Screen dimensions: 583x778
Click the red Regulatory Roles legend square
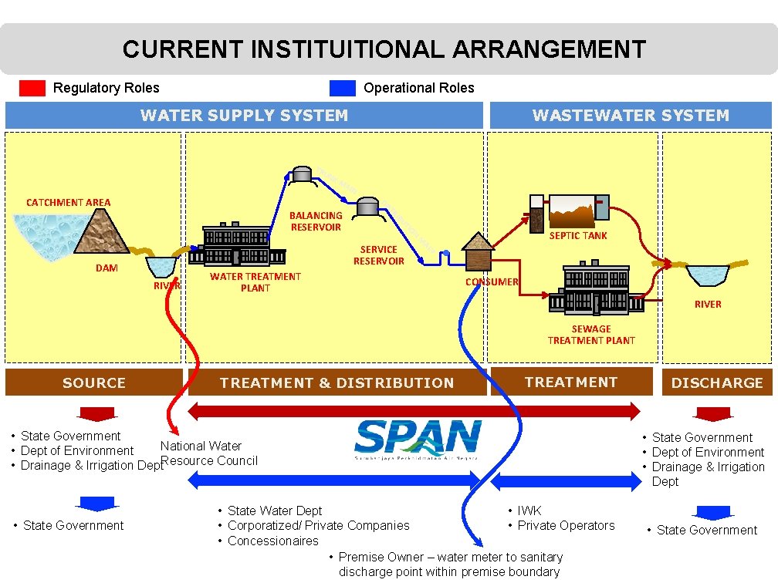[32, 88]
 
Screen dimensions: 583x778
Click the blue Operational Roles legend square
[342, 88]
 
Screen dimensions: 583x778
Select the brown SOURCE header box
[93, 382]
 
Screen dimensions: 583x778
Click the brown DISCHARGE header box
[717, 382]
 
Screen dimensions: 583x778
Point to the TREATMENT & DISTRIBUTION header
[337, 382]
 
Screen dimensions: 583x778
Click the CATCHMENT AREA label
[68, 203]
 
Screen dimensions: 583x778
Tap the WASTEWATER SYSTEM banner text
[630, 116]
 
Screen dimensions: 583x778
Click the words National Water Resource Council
[208, 453]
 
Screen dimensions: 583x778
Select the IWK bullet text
[529, 511]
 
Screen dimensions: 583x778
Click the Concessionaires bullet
[272, 541]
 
